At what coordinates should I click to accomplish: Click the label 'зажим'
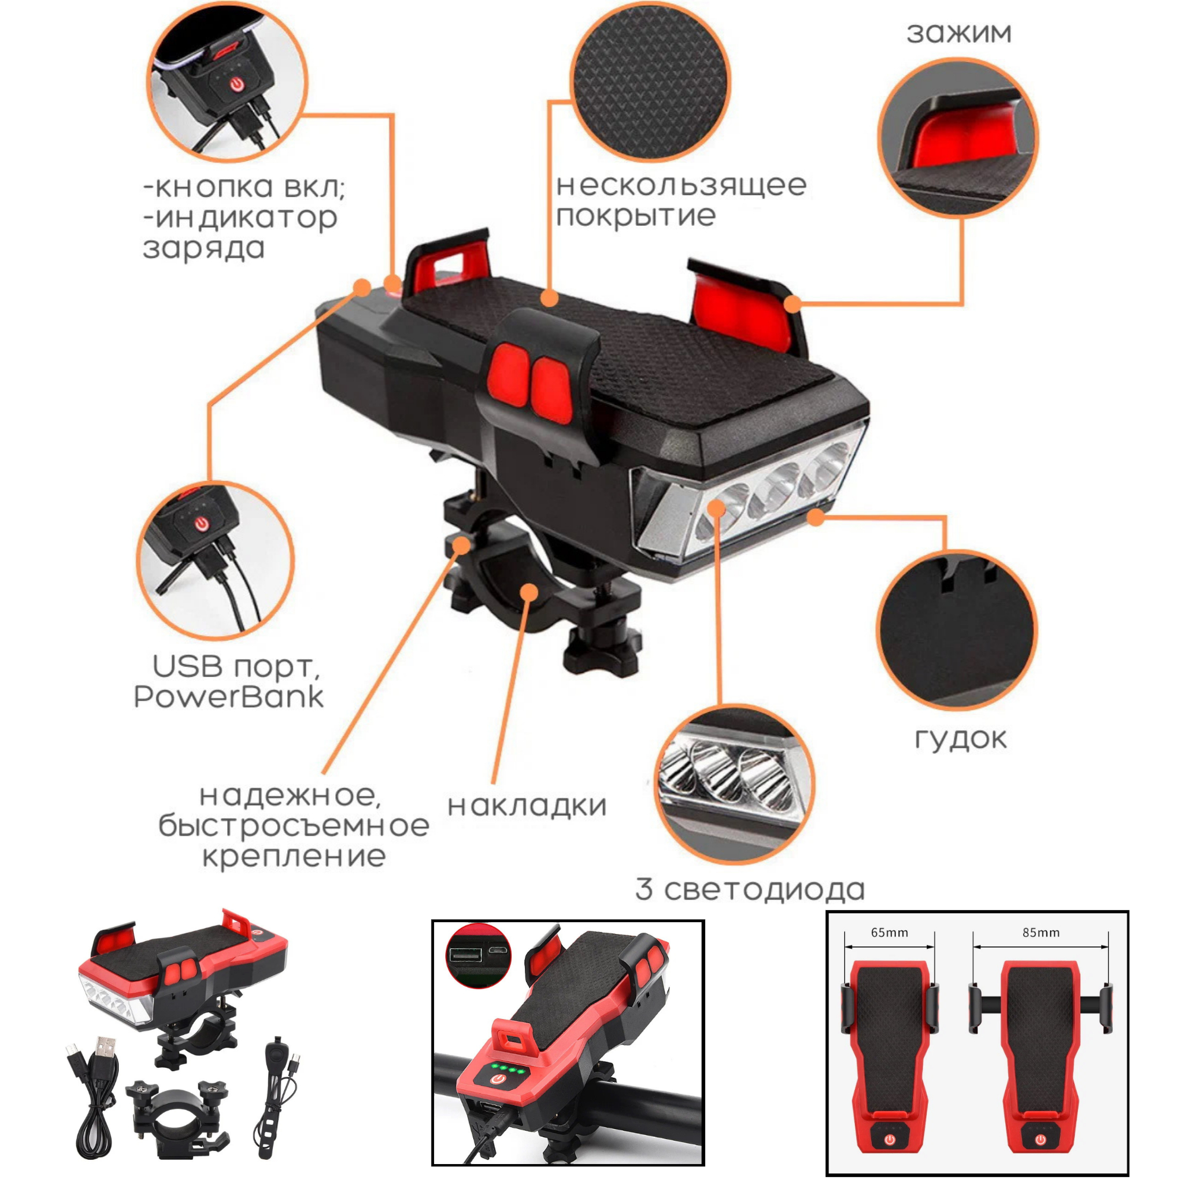pyautogui.click(x=959, y=33)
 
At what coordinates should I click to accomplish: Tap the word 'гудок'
pyautogui.click(x=961, y=739)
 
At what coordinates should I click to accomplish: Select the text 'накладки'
pyautogui.click(x=527, y=807)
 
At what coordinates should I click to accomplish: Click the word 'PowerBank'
pyautogui.click(x=228, y=697)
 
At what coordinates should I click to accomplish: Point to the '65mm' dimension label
pyautogui.click(x=889, y=932)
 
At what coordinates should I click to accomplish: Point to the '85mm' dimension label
pyautogui.click(x=1042, y=932)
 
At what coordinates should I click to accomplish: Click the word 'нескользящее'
pyautogui.click(x=681, y=185)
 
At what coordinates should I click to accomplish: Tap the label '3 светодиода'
pyautogui.click(x=750, y=889)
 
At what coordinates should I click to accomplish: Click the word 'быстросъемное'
pyautogui.click(x=294, y=826)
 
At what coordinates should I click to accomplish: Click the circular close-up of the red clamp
pyautogui.click(x=958, y=138)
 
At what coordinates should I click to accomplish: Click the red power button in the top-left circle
pyautogui.click(x=237, y=84)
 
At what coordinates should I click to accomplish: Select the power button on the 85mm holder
pyautogui.click(x=1040, y=1140)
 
